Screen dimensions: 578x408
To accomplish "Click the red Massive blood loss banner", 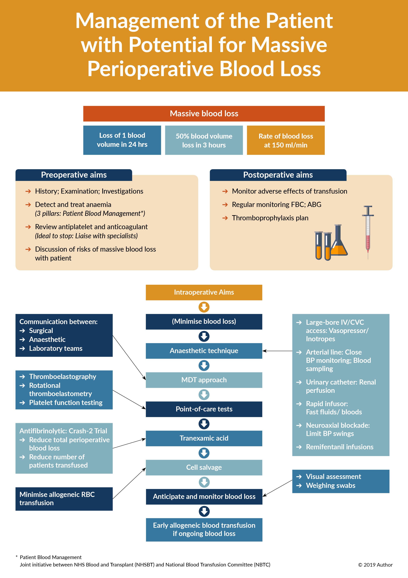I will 204,114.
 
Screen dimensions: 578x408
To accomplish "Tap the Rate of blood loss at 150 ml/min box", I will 286,140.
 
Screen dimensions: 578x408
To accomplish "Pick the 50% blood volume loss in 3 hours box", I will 204,140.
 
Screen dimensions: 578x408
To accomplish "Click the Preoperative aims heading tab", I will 74,175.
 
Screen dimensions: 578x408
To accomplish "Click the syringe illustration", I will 368,232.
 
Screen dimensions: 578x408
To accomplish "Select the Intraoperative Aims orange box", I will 204,292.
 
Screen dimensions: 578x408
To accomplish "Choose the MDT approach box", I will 204,380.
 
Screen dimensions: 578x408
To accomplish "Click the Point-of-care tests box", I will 204,409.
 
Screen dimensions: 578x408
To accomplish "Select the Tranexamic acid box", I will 204,438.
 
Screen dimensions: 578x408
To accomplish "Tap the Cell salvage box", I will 204,467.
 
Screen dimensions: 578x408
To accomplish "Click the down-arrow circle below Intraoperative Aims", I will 204,307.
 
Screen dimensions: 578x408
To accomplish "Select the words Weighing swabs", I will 330,486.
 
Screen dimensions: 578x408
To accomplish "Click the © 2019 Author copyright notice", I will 375,565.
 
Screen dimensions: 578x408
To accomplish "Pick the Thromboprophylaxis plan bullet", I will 270,218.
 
